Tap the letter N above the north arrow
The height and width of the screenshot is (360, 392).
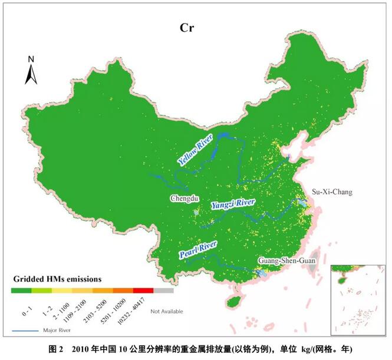click(31, 59)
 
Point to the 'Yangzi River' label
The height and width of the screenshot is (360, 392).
click(233, 203)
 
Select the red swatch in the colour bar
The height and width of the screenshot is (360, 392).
click(143, 290)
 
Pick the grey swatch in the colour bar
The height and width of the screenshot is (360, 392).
click(164, 290)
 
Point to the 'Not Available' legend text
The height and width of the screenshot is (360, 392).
click(166, 311)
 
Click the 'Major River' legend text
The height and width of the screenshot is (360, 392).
click(55, 331)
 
